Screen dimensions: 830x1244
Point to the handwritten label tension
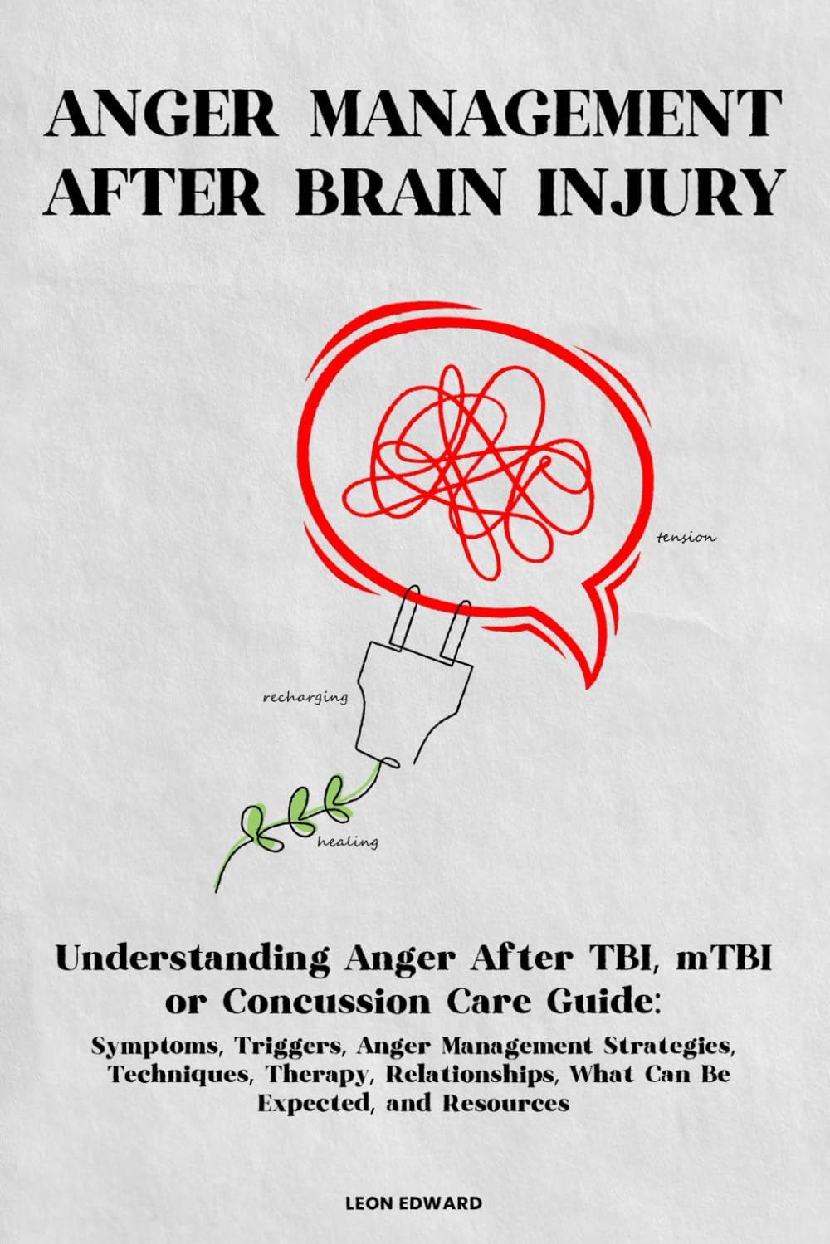click(686, 538)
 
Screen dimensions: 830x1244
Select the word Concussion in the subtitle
click(325, 1002)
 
